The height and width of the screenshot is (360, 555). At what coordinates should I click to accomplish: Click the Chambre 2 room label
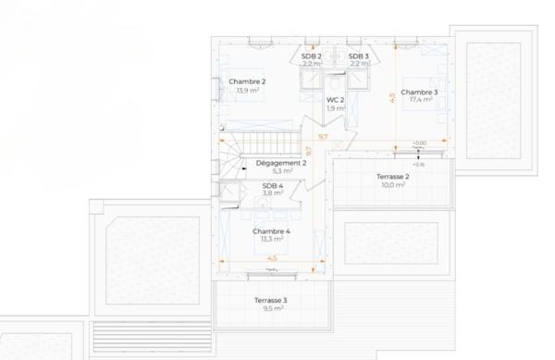pyautogui.click(x=247, y=81)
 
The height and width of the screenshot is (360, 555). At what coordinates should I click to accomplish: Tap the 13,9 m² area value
pyautogui.click(x=247, y=91)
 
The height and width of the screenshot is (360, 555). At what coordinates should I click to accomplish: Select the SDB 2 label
pyautogui.click(x=311, y=56)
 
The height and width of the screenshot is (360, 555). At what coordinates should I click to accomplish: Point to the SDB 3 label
pyautogui.click(x=359, y=56)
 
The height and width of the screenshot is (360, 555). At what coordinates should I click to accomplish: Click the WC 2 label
pyautogui.click(x=335, y=99)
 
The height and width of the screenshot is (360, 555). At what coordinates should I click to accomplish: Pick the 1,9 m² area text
pyautogui.click(x=335, y=108)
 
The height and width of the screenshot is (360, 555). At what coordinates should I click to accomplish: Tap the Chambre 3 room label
pyautogui.click(x=419, y=92)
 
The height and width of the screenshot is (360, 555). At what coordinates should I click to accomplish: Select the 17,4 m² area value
pyautogui.click(x=419, y=100)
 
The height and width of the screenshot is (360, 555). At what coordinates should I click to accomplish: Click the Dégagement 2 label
pyautogui.click(x=281, y=162)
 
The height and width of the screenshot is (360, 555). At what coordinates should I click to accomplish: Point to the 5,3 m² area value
pyautogui.click(x=282, y=171)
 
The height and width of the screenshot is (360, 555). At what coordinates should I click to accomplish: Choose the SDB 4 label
pyautogui.click(x=273, y=185)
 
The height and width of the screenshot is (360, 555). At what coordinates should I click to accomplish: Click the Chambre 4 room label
pyautogui.click(x=271, y=230)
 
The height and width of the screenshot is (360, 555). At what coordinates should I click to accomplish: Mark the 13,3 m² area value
pyautogui.click(x=271, y=239)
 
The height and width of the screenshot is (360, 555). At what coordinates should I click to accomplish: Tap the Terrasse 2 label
pyautogui.click(x=393, y=176)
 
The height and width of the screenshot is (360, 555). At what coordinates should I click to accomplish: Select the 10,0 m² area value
pyautogui.click(x=393, y=185)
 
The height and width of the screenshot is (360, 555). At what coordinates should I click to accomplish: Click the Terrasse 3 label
pyautogui.click(x=271, y=301)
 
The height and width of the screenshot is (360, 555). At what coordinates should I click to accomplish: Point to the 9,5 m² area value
pyautogui.click(x=271, y=310)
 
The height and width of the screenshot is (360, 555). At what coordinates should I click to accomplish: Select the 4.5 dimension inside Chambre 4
pyautogui.click(x=272, y=258)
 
